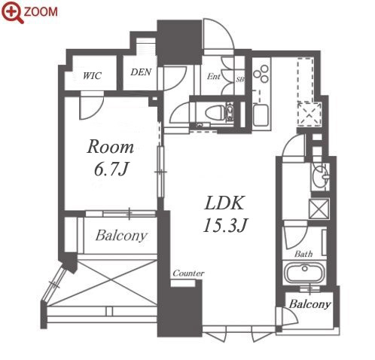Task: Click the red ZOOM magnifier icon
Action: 13,12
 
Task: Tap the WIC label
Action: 93,75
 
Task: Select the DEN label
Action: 141,72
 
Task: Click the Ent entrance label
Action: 214,76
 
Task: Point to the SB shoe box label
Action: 240,80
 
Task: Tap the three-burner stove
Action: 261,74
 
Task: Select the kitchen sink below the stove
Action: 261,115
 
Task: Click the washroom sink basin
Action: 321,176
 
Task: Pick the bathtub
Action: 304,273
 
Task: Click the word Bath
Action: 303,254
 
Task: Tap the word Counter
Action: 188,273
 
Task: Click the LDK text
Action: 224,203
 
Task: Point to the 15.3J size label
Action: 225,225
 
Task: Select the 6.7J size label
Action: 111,169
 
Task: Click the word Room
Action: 110,147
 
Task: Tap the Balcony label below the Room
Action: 121,236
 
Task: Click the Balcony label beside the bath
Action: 309,304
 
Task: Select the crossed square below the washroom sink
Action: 319,209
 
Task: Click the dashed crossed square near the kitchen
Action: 309,114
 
